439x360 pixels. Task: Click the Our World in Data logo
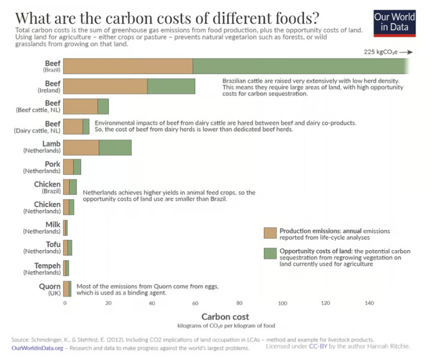[x=394, y=21]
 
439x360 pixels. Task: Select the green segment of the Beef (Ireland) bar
[x=171, y=87]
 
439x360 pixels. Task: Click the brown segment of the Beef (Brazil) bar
[x=128, y=66]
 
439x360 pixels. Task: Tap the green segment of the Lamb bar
[x=115, y=147]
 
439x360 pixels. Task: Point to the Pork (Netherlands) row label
[x=45, y=167]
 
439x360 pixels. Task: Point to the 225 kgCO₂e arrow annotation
[x=388, y=52]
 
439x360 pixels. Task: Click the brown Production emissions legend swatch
[x=270, y=233]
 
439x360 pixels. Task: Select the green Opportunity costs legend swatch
[x=270, y=254]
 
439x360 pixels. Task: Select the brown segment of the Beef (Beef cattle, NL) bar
[x=80, y=107]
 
